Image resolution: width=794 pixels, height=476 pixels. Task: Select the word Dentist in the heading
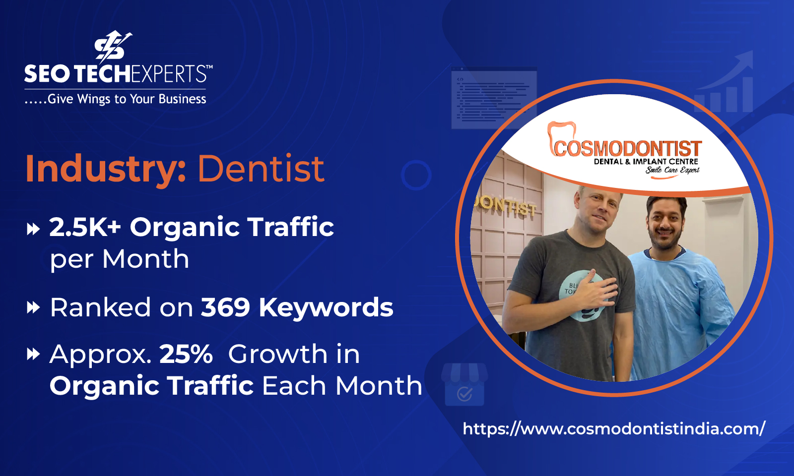pyautogui.click(x=261, y=169)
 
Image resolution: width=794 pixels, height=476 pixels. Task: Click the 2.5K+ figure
pyautogui.click(x=85, y=227)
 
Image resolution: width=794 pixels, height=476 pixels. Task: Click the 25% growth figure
pyautogui.click(x=186, y=354)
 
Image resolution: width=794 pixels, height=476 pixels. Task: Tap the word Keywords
pyautogui.click(x=326, y=307)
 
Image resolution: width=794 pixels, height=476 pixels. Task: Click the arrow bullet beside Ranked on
pyautogui.click(x=33, y=308)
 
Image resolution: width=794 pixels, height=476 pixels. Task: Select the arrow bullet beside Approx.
pyautogui.click(x=33, y=355)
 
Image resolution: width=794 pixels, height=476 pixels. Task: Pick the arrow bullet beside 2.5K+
pyautogui.click(x=33, y=229)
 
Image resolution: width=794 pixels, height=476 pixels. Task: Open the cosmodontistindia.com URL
pyautogui.click(x=614, y=428)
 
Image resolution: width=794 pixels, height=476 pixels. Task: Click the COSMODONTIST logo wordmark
pyautogui.click(x=627, y=148)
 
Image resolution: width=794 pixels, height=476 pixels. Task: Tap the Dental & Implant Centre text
pyautogui.click(x=646, y=162)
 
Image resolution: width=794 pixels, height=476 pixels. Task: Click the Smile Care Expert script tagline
pyautogui.click(x=672, y=170)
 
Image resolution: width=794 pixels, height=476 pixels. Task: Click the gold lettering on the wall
pyautogui.click(x=505, y=206)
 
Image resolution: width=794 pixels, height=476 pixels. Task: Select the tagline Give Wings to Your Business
pyautogui.click(x=116, y=99)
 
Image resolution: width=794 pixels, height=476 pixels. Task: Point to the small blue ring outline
pyautogui.click(x=416, y=175)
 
